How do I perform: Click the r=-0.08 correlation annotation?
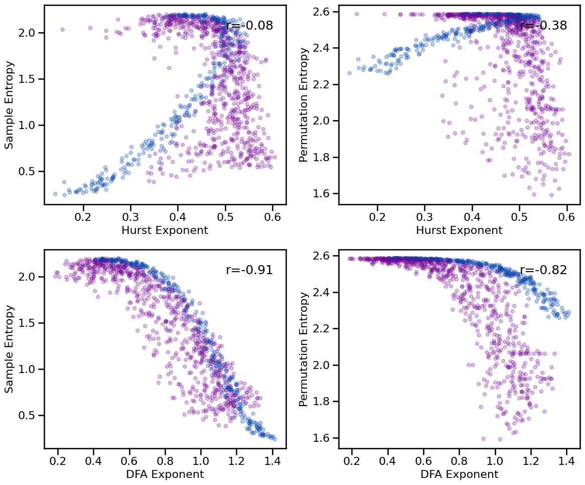click(x=249, y=26)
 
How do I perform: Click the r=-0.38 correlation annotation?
click(x=543, y=26)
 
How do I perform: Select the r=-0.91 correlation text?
click(x=249, y=270)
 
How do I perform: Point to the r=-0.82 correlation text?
click(x=543, y=270)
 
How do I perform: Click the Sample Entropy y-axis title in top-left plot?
click(x=10, y=104)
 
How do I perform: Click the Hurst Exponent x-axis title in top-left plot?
click(x=165, y=230)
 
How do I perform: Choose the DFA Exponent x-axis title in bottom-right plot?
click(x=459, y=474)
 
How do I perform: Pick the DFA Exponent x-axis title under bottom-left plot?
click(x=165, y=474)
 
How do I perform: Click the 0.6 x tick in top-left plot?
click(x=272, y=216)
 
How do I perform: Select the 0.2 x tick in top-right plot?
click(x=377, y=216)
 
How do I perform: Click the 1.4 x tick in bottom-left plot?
click(x=272, y=460)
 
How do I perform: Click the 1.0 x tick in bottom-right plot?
click(x=495, y=460)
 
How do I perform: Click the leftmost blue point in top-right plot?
click(x=350, y=73)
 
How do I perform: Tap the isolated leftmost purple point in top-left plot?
click(x=62, y=30)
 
